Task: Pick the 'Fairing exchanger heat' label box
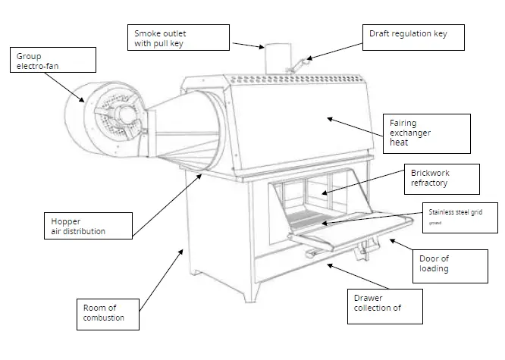[428, 133]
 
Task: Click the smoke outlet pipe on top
[274, 59]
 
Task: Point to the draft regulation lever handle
[301, 64]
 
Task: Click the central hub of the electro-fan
[119, 114]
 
